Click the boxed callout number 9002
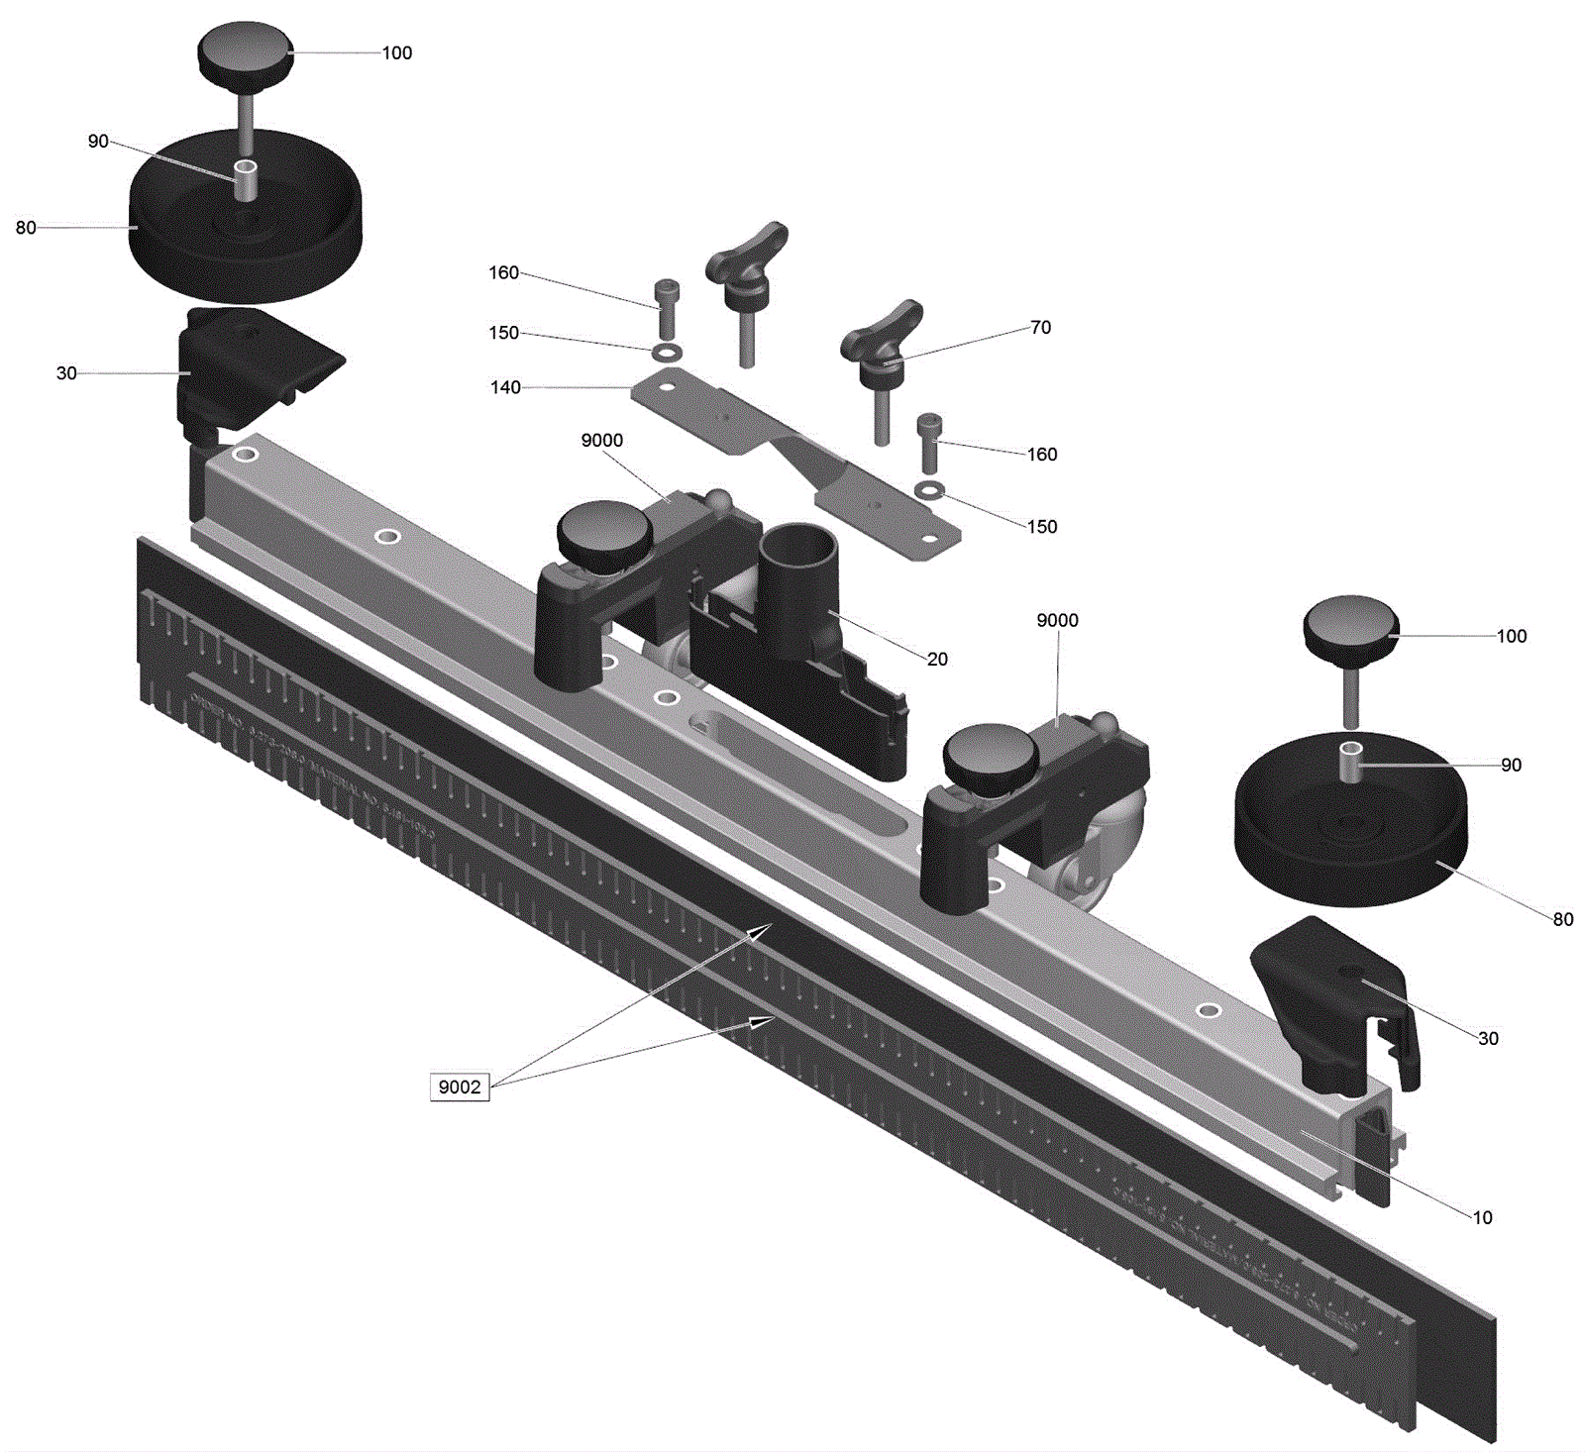(460, 1087)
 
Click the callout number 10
(1482, 1217)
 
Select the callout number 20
(937, 659)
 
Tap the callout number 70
(1040, 327)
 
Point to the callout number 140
(505, 387)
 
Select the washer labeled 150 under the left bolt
(667, 352)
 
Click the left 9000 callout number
(602, 441)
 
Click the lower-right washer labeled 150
(929, 488)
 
